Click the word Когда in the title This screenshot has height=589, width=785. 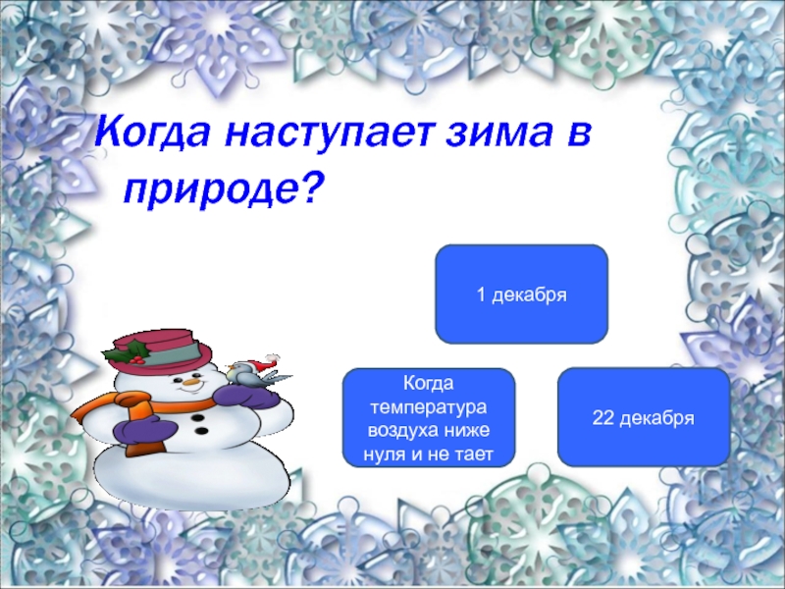(152, 133)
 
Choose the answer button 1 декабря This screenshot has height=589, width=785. (522, 294)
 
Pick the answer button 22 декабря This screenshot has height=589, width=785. (644, 417)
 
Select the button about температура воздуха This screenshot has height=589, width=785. (429, 418)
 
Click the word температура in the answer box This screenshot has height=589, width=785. (429, 406)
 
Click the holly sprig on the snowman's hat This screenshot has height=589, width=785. (130, 352)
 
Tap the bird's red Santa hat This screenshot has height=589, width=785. (264, 363)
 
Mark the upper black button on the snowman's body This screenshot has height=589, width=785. (198, 418)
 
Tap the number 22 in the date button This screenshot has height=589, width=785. (602, 417)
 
